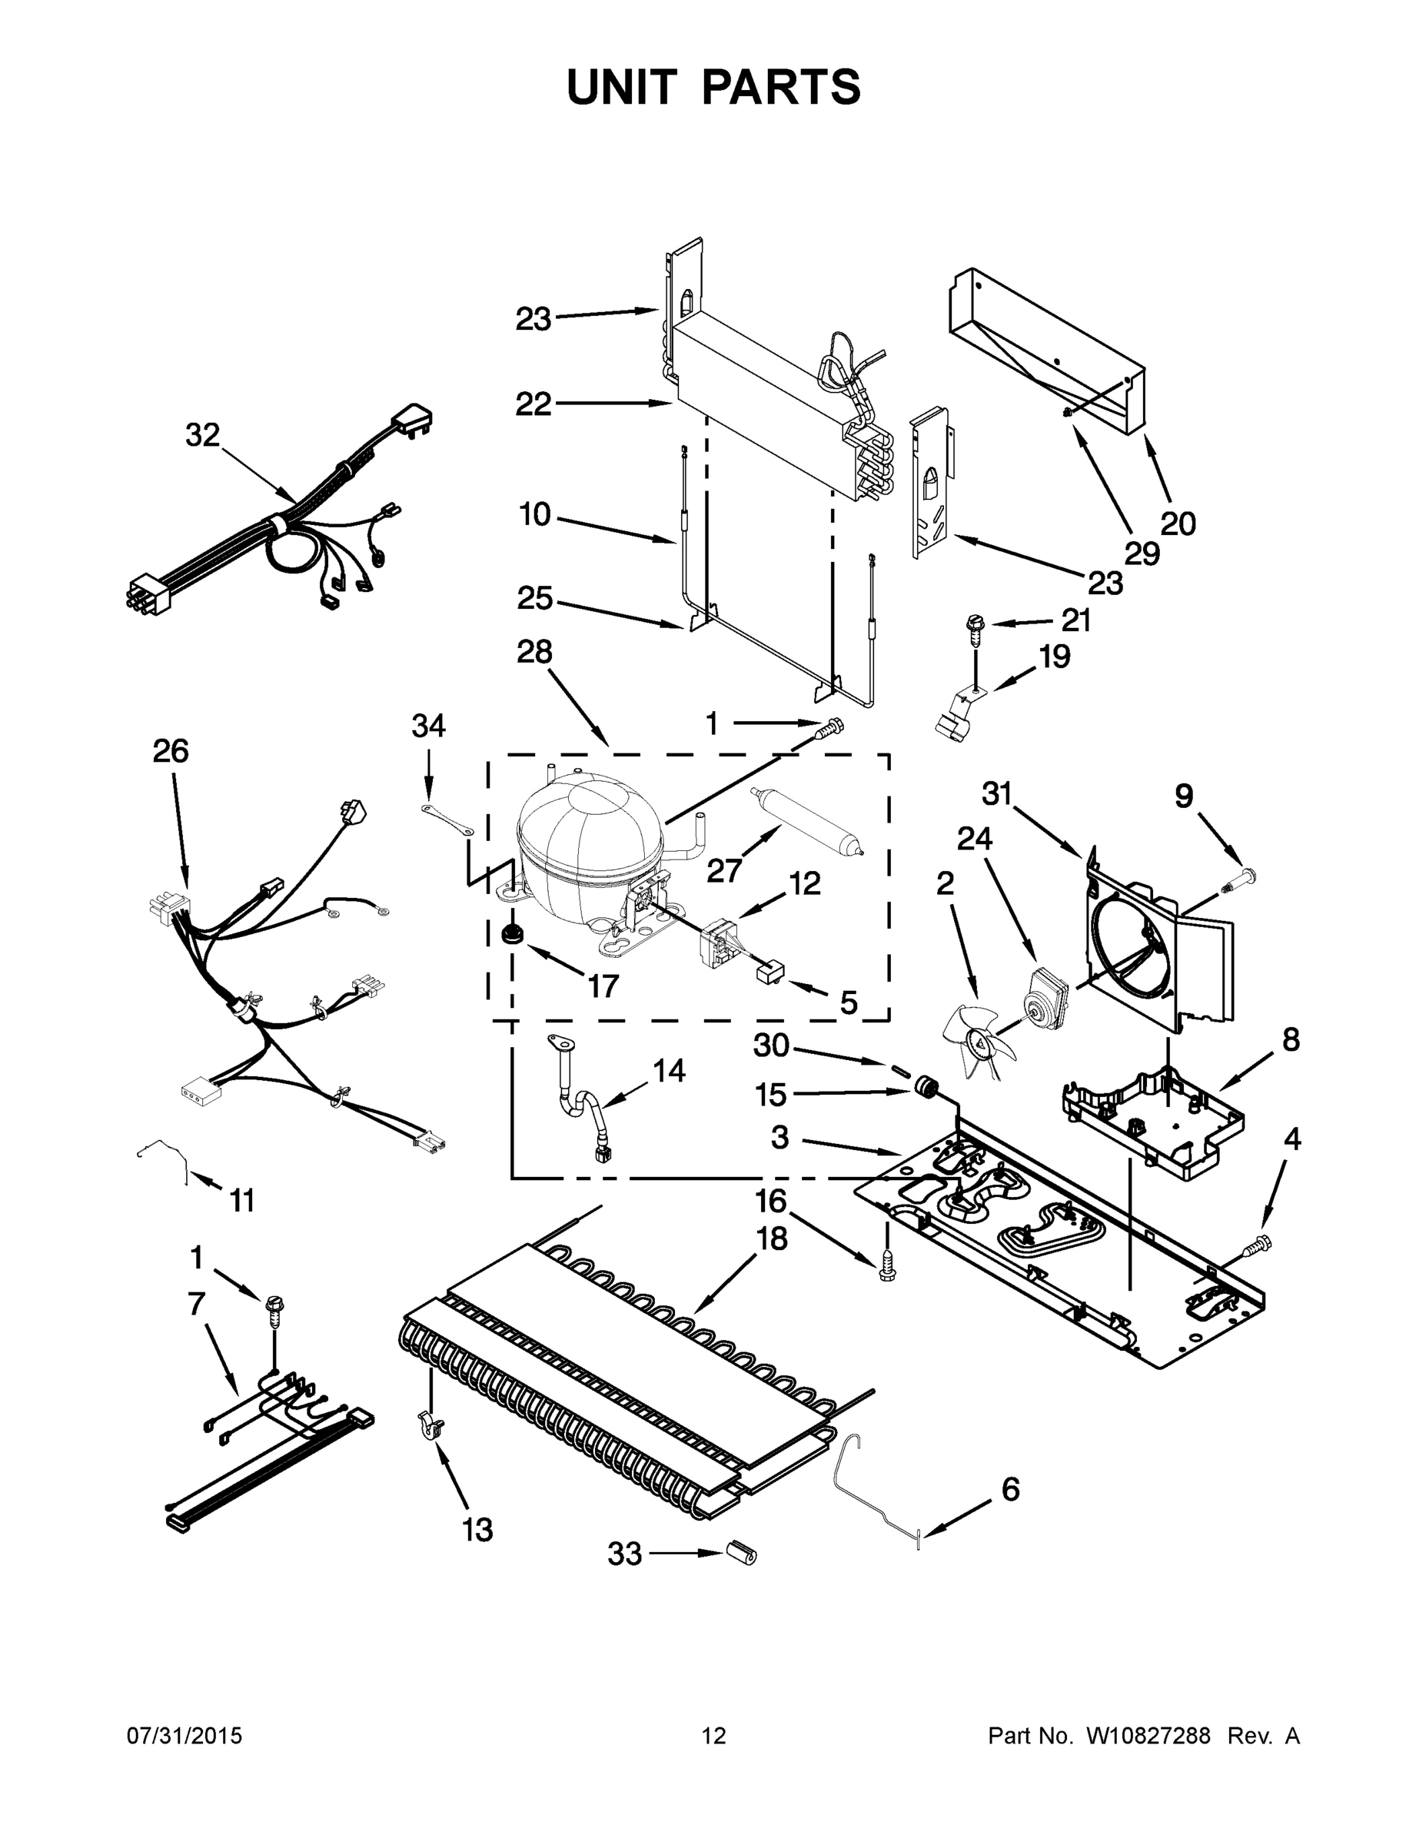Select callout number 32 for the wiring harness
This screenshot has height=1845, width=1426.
pyautogui.click(x=203, y=435)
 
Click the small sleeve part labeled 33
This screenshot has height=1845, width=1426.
pyautogui.click(x=742, y=1552)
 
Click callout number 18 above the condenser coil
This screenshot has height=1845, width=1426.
pyautogui.click(x=771, y=1239)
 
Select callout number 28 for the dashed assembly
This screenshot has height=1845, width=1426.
pyautogui.click(x=534, y=651)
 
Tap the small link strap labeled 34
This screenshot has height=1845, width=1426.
pyautogui.click(x=447, y=820)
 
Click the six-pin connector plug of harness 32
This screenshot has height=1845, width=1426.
pyautogui.click(x=151, y=594)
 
